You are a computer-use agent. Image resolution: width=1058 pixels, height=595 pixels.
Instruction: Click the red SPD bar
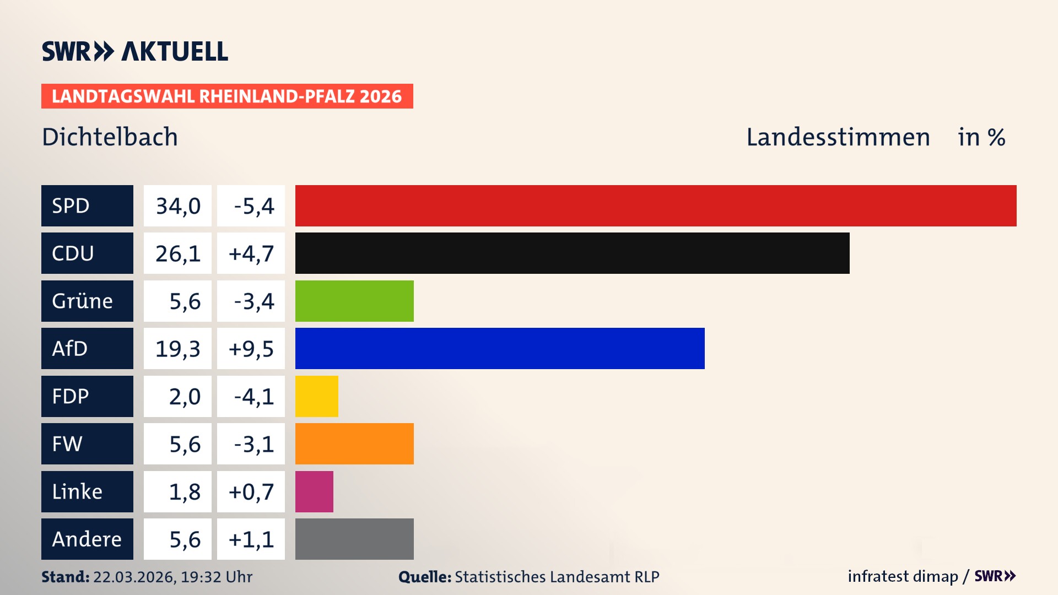(656, 205)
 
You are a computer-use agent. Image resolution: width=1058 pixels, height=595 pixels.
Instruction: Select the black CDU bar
(572, 253)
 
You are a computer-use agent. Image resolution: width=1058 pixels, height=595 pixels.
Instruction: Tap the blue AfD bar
(500, 348)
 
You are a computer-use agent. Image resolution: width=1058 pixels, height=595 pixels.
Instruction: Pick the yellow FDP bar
(316, 396)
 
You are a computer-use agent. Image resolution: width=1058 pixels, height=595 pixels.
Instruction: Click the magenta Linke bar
(314, 491)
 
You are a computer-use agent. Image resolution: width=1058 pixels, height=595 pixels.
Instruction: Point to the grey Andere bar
(354, 539)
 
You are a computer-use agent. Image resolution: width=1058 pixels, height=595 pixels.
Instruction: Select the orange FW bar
(354, 443)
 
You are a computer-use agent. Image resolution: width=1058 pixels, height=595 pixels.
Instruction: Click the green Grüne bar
(354, 301)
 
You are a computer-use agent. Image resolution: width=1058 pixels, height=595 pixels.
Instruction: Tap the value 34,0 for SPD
(177, 206)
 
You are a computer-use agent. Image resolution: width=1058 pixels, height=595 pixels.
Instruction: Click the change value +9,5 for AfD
(251, 349)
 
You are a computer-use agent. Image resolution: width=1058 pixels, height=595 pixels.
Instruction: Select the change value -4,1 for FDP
(253, 397)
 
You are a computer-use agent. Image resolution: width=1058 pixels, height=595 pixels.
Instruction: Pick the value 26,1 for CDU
(177, 253)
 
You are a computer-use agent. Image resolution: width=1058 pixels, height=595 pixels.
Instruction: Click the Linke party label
(77, 491)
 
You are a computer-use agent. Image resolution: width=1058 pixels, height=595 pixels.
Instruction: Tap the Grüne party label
(82, 301)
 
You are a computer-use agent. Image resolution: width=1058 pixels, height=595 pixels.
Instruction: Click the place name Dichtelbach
(110, 137)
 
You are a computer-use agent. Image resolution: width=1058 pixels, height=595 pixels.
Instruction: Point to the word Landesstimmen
(838, 137)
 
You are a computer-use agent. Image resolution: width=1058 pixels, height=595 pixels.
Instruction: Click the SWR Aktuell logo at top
(135, 51)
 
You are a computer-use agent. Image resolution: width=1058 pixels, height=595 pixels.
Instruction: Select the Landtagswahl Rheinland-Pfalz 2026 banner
(227, 96)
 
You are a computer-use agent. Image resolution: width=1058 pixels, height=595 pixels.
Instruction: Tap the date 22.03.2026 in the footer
(134, 577)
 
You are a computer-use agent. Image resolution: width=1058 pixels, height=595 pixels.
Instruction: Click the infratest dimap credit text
(902, 576)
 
